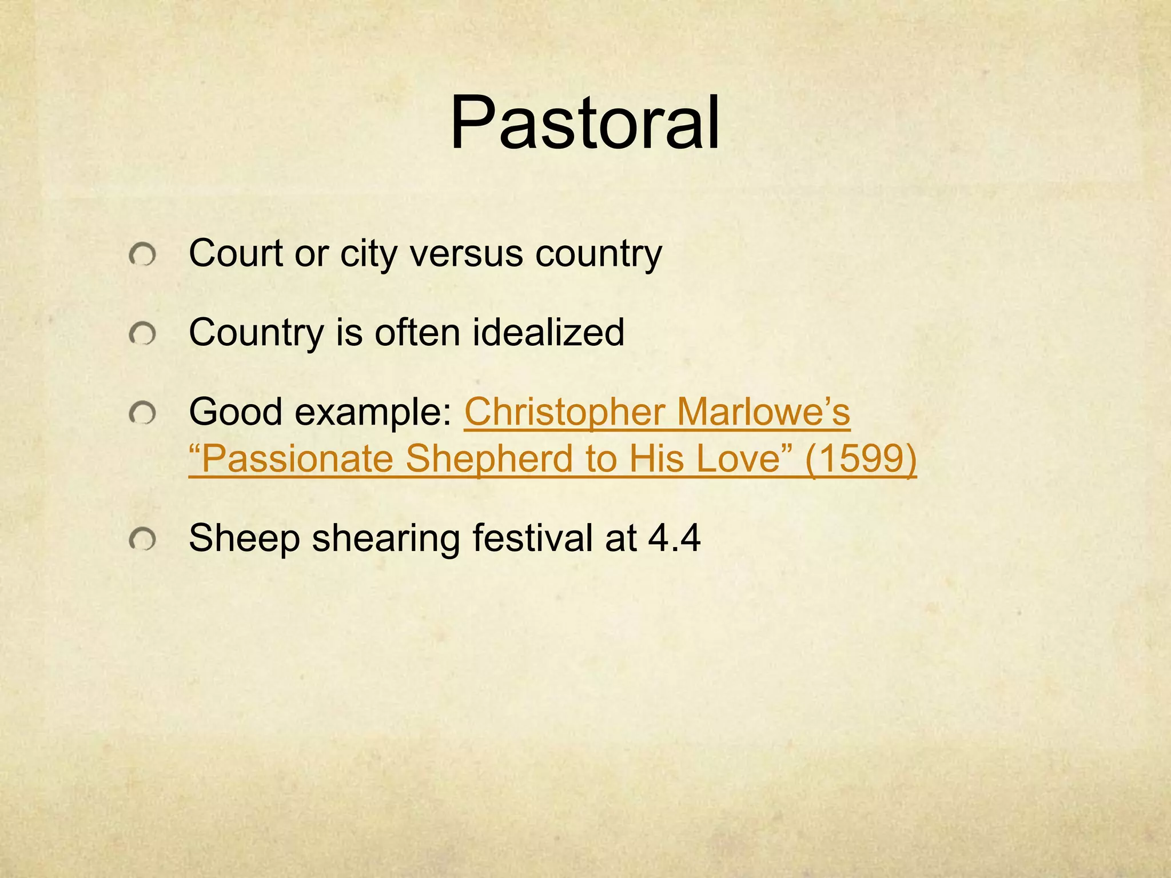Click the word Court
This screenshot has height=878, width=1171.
[x=236, y=253]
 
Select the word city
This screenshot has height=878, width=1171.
[x=368, y=253]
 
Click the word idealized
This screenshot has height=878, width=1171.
[x=548, y=332]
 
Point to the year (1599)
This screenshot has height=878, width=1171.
[x=861, y=459]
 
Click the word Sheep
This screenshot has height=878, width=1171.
[x=244, y=538]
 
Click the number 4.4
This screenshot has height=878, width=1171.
[x=674, y=538]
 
